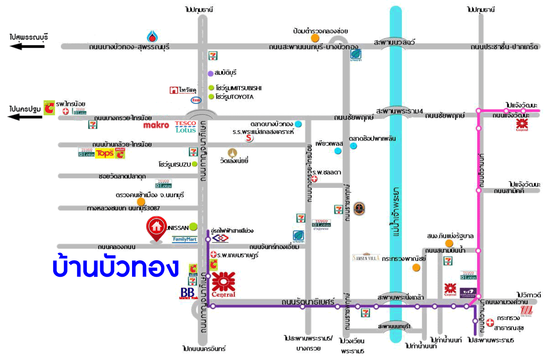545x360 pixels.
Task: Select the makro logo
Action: pyautogui.click(x=156, y=125)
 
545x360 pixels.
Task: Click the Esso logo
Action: pyautogui.click(x=196, y=100)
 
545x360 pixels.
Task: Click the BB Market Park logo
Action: pyautogui.click(x=187, y=293)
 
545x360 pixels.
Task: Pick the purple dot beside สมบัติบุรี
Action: pyautogui.click(x=210, y=73)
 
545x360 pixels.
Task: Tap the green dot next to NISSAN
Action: pyautogui.click(x=194, y=226)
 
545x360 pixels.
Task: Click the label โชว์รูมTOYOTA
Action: pyautogui.click(x=235, y=97)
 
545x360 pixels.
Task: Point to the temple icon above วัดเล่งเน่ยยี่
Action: pyautogui.click(x=234, y=152)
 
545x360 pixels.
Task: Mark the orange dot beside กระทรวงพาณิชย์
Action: pyautogui.click(x=416, y=267)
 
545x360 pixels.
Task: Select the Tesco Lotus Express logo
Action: pyautogui.click(x=321, y=225)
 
